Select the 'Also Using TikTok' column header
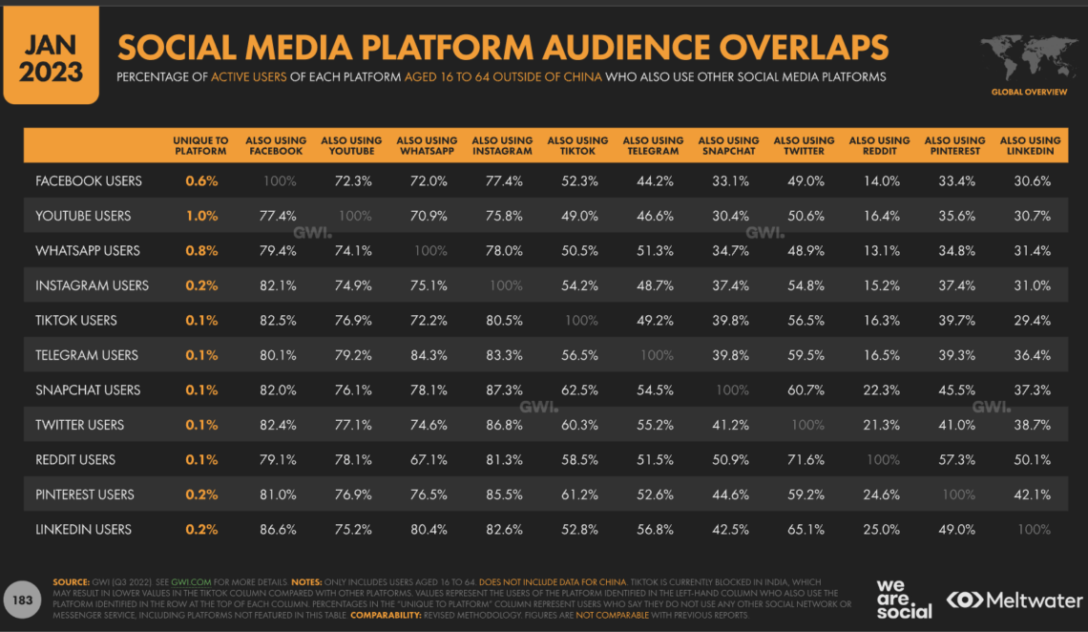click(577, 145)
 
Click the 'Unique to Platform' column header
click(200, 145)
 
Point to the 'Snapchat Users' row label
click(88, 390)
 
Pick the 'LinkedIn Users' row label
click(83, 529)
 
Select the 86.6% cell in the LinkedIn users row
click(277, 529)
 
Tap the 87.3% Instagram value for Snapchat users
click(503, 390)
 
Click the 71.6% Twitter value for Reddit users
click(805, 459)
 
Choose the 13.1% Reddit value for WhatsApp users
click(880, 250)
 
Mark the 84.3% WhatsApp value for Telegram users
click(428, 355)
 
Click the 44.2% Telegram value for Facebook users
click(654, 180)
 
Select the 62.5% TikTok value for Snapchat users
click(578, 390)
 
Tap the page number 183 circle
click(21, 600)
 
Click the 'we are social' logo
click(904, 599)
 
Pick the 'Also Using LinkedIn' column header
click(1031, 145)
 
